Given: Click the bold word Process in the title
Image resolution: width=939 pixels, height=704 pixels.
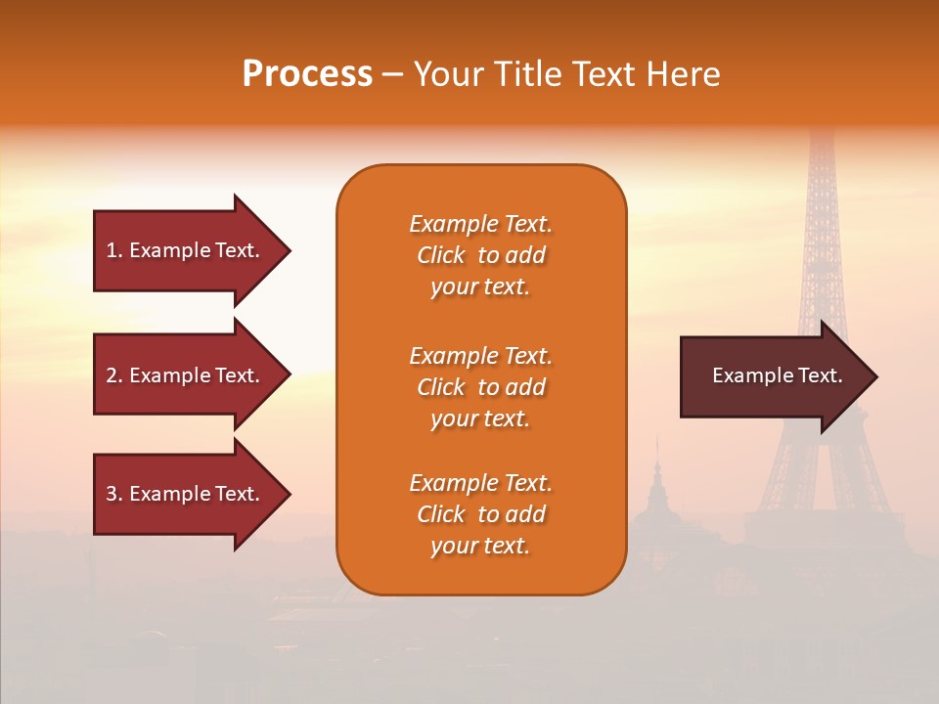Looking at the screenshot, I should [307, 74].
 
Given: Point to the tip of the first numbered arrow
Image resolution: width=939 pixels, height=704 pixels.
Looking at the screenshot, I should [289, 250].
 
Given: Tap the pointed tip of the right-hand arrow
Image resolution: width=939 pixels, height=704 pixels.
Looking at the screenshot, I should [875, 376].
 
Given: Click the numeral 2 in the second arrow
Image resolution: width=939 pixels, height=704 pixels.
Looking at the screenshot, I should [112, 375].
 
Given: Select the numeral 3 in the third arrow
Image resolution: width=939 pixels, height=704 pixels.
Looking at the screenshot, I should [112, 494].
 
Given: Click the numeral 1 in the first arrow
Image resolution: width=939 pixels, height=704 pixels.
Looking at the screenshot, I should [111, 250].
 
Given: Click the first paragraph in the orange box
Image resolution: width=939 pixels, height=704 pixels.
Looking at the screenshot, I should [480, 255].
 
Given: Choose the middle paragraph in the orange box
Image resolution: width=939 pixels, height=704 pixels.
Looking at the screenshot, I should [480, 387].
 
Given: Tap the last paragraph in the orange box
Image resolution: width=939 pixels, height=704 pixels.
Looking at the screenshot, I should [480, 514].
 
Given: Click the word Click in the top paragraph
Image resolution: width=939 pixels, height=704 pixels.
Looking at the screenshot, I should [441, 255].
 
